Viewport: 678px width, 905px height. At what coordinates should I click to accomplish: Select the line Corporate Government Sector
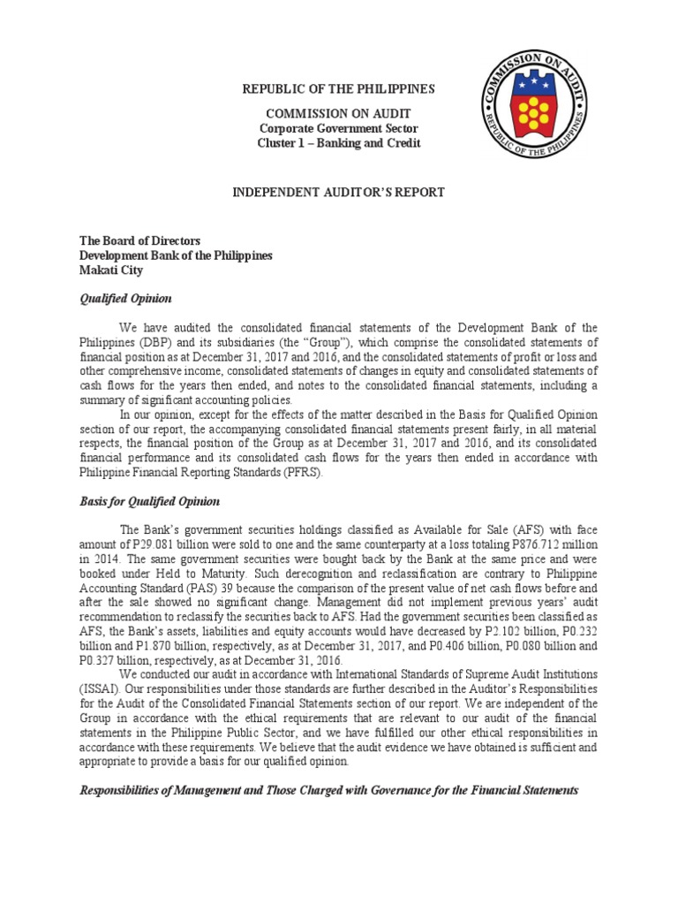click(x=339, y=128)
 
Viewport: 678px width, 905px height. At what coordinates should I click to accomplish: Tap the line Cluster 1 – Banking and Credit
click(x=339, y=143)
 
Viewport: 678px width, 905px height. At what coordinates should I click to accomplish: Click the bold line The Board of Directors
click(x=140, y=240)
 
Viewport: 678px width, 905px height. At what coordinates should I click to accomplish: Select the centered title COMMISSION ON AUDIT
click(x=339, y=114)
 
